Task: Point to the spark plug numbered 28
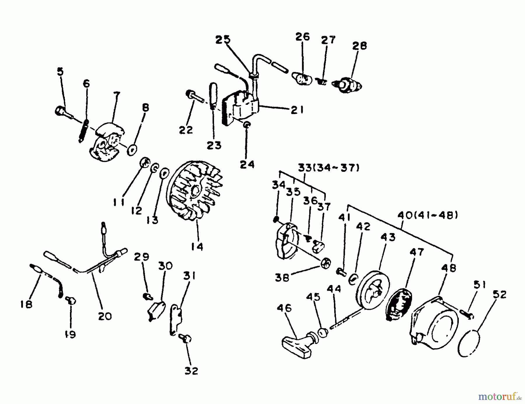pyautogui.click(x=349, y=85)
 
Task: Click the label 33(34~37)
pyautogui.click(x=328, y=168)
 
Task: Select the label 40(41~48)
pyautogui.click(x=427, y=215)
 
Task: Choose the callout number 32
pyautogui.click(x=191, y=371)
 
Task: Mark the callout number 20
pyautogui.click(x=105, y=316)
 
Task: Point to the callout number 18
pyautogui.click(x=27, y=304)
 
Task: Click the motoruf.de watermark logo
pyautogui.click(x=499, y=396)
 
